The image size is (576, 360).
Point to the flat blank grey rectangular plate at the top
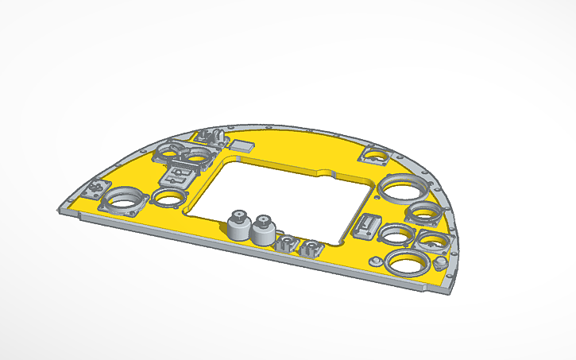242,145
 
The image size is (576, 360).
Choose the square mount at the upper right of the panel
375,154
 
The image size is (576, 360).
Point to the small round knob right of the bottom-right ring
439,262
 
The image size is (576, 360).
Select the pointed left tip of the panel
60,209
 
